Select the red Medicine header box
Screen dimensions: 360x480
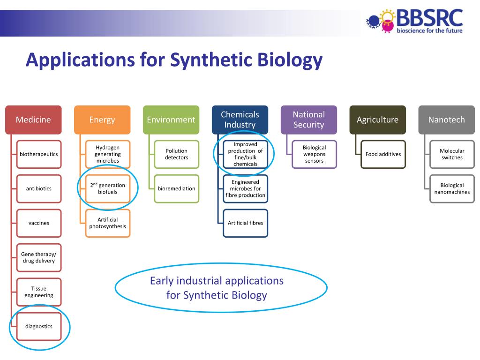coord(33,120)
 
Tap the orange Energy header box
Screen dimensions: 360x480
coord(102,120)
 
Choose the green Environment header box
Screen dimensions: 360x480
coord(171,120)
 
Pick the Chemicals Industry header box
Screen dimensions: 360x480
coord(240,120)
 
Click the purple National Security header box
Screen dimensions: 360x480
coord(309,120)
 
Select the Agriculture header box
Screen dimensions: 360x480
coord(378,120)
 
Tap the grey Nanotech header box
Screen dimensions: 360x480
coord(447,120)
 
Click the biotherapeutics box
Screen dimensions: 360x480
coord(39,154)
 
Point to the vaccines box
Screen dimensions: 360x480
coord(39,223)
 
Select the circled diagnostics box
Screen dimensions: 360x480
coord(39,326)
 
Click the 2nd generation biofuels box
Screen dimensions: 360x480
coord(108,188)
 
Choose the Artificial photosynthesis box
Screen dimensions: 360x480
coord(108,223)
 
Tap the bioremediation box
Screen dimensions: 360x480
coord(177,188)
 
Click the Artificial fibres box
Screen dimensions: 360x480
coord(246,223)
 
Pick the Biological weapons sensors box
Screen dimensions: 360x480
coord(315,154)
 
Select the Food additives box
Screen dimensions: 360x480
coord(383,154)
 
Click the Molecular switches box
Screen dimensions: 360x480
coord(452,154)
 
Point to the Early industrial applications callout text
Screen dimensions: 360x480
coord(217,288)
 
